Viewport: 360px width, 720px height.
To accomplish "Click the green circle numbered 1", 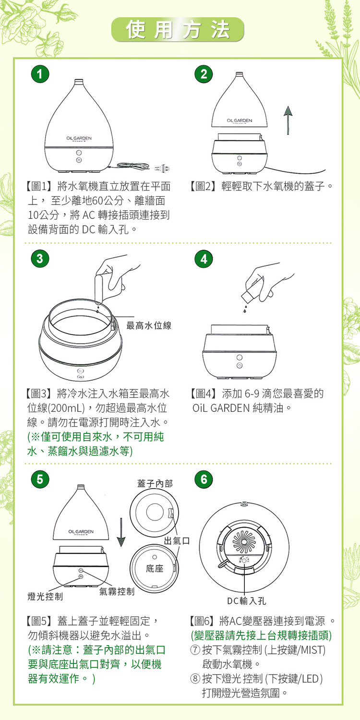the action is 40,74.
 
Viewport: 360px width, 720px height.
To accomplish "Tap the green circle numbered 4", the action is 204,258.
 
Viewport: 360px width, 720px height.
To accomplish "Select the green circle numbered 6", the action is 204,479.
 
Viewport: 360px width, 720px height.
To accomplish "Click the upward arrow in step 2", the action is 288,120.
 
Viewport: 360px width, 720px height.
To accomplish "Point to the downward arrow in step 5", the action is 121,532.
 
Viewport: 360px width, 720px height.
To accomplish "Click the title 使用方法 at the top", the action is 178,30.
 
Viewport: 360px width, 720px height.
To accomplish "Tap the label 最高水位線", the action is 149,325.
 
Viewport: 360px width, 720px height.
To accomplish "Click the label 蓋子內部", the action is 155,483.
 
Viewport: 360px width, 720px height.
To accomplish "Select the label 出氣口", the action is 177,540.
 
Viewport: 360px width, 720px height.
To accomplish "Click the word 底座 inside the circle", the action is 155,569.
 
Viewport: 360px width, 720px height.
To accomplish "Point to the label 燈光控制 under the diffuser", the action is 45,597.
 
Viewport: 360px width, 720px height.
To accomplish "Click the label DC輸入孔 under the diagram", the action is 247,601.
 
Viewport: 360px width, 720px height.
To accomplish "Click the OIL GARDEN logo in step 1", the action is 79,139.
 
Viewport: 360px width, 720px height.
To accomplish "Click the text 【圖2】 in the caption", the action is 202,186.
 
